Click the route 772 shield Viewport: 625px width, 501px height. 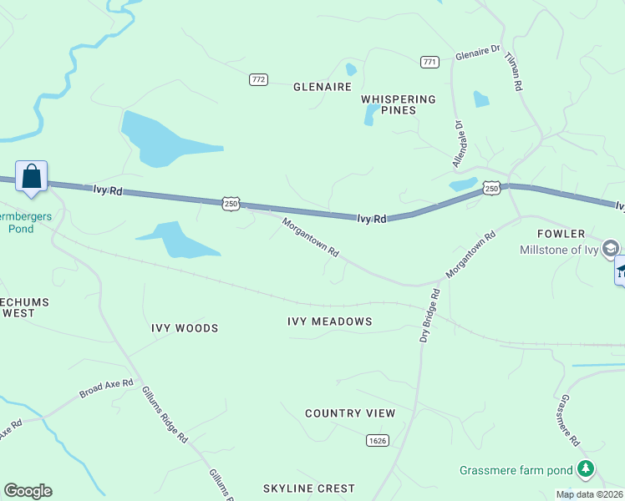pyautogui.click(x=258, y=79)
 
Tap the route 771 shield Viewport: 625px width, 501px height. pyautogui.click(x=430, y=62)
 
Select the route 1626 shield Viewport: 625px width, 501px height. pyautogui.click(x=376, y=440)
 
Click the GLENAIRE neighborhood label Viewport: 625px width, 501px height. pyautogui.click(x=322, y=87)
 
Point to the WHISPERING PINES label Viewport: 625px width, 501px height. pyautogui.click(x=399, y=104)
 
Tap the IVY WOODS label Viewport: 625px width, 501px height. pyautogui.click(x=185, y=328)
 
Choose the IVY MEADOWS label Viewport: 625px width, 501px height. pyautogui.click(x=329, y=321)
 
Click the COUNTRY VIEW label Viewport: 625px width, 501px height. pyautogui.click(x=350, y=413)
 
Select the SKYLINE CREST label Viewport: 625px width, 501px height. pyautogui.click(x=308, y=488)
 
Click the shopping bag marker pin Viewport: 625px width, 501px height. pyautogui.click(x=32, y=177)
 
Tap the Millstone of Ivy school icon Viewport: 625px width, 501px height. pyautogui.click(x=611, y=249)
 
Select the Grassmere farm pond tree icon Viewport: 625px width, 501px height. pyautogui.click(x=587, y=470)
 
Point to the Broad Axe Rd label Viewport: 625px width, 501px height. pyautogui.click(x=106, y=387)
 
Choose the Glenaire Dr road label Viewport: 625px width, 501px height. pyautogui.click(x=478, y=56)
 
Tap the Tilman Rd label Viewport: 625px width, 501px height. pyautogui.click(x=513, y=73)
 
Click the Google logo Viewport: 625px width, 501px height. pyautogui.click(x=28, y=491)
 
